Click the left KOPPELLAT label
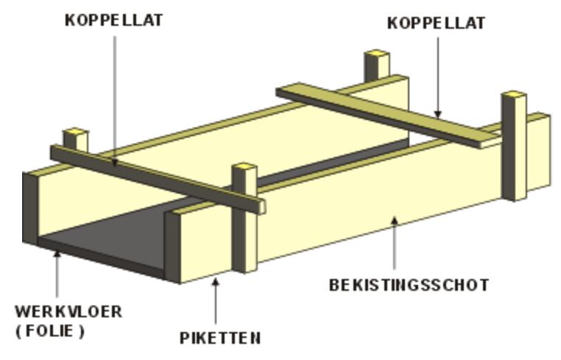tap(113, 21)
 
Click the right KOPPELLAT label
tap(437, 24)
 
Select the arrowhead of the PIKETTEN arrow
tap(215, 282)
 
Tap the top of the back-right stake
tap(377, 54)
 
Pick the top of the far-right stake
tap(514, 96)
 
